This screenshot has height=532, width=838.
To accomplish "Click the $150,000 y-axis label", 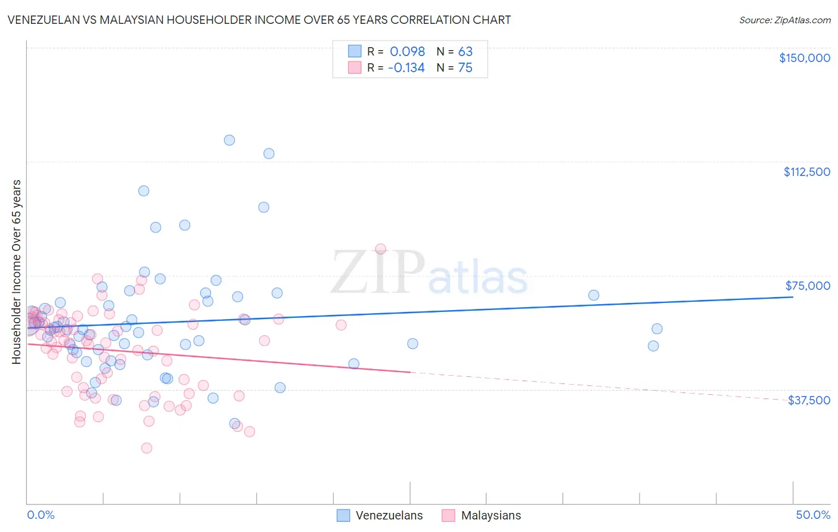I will click(804, 58).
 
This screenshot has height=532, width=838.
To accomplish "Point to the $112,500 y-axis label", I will click(806, 172).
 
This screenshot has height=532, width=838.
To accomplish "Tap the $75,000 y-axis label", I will click(808, 286).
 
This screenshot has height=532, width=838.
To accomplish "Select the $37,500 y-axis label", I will click(809, 400).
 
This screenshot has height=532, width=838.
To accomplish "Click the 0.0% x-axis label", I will click(41, 515).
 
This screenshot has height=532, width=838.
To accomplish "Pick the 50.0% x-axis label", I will click(813, 515).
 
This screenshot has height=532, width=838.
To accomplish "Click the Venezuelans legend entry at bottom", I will click(380, 515).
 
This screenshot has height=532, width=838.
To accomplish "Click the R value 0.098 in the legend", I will click(407, 51).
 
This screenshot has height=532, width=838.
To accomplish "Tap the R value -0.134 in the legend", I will click(406, 68).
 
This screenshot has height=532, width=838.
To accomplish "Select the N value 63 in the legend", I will click(465, 51).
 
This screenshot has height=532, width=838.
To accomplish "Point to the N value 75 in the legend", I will click(465, 68).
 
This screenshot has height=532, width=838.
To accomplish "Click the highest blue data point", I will click(229, 140).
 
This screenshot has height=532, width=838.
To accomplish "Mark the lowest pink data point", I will click(147, 448).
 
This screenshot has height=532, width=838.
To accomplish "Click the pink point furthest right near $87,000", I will click(380, 249).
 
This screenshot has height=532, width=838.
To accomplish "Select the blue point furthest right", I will click(657, 329).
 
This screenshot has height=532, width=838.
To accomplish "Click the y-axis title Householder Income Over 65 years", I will click(16, 271).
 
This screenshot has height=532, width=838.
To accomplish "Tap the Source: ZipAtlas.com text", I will click(784, 20).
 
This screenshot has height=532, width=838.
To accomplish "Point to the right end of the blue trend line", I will click(793, 296).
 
